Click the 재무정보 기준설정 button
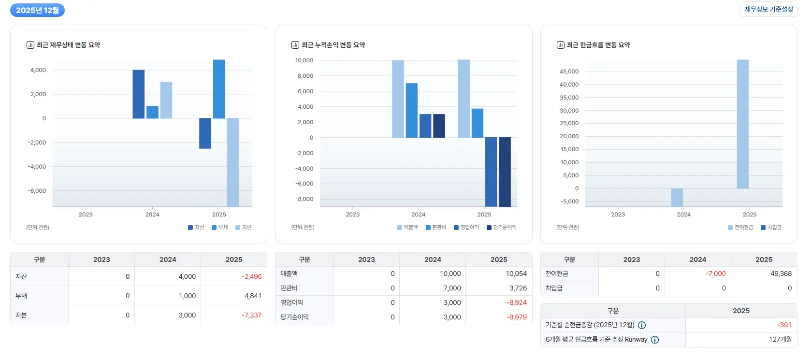point(768,9)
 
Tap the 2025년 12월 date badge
point(37,10)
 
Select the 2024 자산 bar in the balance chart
point(139,94)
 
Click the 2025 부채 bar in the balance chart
point(219,89)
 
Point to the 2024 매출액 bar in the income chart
point(398,99)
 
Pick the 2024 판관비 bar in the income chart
point(412,110)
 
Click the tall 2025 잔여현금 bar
point(742,124)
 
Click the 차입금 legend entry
point(771,227)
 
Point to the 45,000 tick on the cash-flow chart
point(569,72)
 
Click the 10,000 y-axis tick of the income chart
point(304,60)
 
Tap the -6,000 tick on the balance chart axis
point(37,191)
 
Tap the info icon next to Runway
point(655,340)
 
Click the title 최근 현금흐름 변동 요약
point(598,45)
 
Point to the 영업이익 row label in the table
point(291,302)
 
